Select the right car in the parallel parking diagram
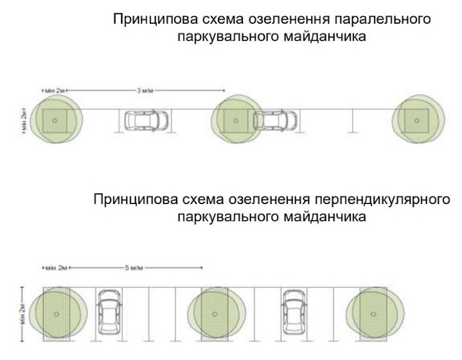[x=275, y=120]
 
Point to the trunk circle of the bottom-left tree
[x=56, y=314]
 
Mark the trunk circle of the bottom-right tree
[x=373, y=314]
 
